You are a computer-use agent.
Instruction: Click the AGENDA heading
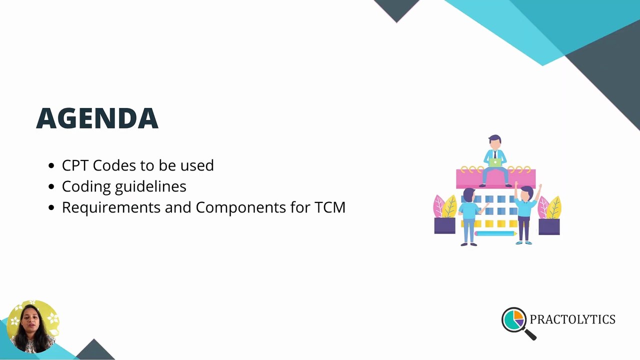pyautogui.click(x=97, y=118)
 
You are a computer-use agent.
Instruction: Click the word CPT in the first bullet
pyautogui.click(x=75, y=165)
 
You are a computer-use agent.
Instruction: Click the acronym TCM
pyautogui.click(x=330, y=207)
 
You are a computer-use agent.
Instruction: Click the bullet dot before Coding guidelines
pyautogui.click(x=51, y=187)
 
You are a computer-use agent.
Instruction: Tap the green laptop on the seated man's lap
pyautogui.click(x=495, y=162)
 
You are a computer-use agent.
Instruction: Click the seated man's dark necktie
pyautogui.click(x=495, y=154)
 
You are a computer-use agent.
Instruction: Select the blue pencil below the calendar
pyautogui.click(x=495, y=233)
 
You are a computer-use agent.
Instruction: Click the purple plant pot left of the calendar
pyautogui.click(x=444, y=226)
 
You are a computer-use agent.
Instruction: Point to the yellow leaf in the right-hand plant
pyautogui.click(x=554, y=207)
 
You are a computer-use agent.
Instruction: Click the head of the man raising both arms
pyautogui.click(x=526, y=192)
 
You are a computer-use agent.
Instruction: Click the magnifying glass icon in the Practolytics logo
pyautogui.click(x=514, y=320)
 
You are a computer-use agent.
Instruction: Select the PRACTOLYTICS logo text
pyautogui.click(x=572, y=319)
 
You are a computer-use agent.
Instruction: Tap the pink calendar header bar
pyautogui.click(x=470, y=178)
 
